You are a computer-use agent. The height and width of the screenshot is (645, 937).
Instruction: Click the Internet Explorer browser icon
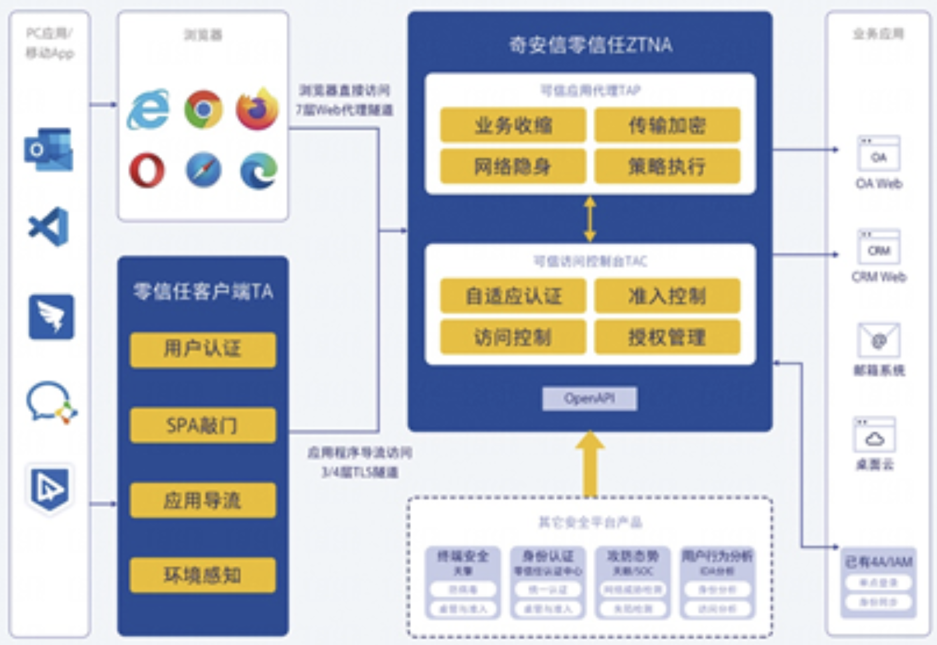(x=148, y=109)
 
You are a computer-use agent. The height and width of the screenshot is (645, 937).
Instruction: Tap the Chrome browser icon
(x=203, y=109)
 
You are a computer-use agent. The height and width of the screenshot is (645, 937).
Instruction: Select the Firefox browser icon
(x=257, y=109)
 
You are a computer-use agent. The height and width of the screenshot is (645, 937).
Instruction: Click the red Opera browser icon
(x=147, y=171)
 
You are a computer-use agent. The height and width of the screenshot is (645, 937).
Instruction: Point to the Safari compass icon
(x=203, y=171)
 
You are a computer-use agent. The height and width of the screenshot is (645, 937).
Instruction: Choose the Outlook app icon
(x=48, y=150)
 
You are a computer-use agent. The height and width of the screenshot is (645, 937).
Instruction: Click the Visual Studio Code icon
(x=49, y=227)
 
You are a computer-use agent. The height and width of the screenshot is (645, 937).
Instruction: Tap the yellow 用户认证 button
(x=203, y=349)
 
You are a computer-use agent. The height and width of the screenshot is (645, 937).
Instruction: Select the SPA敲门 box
(x=203, y=425)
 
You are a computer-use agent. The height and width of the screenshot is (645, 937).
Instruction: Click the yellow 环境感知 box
(x=203, y=575)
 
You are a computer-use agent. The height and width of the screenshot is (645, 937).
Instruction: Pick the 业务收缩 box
(x=513, y=125)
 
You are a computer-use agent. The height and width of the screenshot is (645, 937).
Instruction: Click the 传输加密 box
(x=667, y=125)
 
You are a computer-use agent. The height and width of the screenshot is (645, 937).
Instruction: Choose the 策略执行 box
(x=667, y=166)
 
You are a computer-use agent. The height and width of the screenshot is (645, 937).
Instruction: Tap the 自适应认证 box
(x=513, y=296)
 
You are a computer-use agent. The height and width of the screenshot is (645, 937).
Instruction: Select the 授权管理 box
(x=667, y=337)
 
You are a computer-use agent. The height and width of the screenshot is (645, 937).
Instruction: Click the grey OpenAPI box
(x=589, y=399)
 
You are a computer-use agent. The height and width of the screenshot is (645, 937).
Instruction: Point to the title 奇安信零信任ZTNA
(x=590, y=44)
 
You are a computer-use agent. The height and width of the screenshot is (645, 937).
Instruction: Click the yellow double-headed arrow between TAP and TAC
(x=590, y=219)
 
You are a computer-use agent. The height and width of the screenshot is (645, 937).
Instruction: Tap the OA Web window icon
(x=878, y=154)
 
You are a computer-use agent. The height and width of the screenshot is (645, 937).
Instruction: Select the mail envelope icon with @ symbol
(x=878, y=340)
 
